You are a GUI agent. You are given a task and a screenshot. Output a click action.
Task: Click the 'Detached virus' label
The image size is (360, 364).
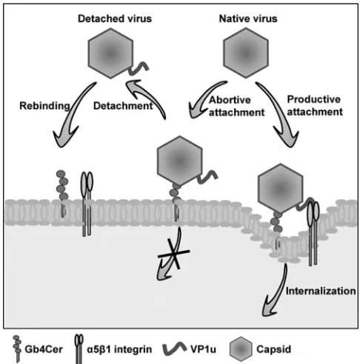pyautogui.click(x=115, y=18)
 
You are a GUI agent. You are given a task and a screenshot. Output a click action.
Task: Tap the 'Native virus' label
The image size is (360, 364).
pyautogui.click(x=248, y=18)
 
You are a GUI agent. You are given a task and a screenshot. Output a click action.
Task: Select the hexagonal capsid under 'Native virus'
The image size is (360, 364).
pyautogui.click(x=246, y=53)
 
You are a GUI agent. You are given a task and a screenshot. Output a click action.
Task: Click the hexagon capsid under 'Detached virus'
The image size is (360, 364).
pyautogui.click(x=110, y=53)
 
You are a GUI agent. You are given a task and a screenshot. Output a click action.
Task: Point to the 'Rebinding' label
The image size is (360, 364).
pyautogui.click(x=44, y=106)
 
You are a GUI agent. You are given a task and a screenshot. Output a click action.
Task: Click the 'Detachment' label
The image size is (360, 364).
pyautogui.click(x=123, y=106)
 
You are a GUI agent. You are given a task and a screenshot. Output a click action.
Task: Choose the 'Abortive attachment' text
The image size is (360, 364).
pyautogui.click(x=236, y=106)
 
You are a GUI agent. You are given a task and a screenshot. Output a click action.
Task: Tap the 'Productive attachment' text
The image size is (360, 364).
pyautogui.click(x=315, y=106)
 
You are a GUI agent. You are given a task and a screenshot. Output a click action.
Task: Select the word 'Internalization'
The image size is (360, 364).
pyautogui.click(x=321, y=291)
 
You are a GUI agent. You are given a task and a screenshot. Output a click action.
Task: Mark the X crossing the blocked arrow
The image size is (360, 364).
pyautogui.click(x=174, y=254)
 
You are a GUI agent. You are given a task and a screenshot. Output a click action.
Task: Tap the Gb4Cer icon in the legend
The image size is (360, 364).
pyautogui.click(x=17, y=348)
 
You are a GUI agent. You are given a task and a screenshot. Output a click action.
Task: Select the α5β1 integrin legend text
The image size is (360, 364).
pyautogui.click(x=119, y=349)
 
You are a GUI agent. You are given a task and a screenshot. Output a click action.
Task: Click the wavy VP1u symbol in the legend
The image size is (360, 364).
pyautogui.click(x=175, y=348)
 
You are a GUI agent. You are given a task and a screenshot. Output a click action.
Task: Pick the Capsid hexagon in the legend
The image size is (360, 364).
pyautogui.click(x=241, y=349)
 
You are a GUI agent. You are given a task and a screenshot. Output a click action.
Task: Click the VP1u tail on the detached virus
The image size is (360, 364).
pyautogui.click(x=139, y=68)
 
